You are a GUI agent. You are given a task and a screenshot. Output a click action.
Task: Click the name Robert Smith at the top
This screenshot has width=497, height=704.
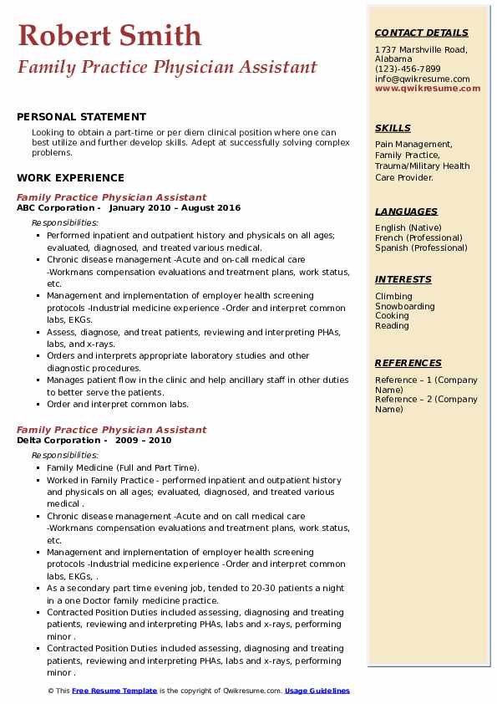(x=109, y=35)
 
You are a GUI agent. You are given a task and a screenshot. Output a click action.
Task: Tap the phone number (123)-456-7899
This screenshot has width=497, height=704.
(x=408, y=69)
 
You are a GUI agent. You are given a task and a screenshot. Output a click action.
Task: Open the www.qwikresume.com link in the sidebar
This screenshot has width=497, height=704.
(x=428, y=89)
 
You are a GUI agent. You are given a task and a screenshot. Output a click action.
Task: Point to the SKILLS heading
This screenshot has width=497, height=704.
(x=393, y=128)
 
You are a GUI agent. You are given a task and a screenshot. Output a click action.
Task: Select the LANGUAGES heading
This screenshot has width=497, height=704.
(x=406, y=212)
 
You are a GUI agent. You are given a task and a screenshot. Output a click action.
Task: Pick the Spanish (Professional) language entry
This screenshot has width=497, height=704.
(x=422, y=247)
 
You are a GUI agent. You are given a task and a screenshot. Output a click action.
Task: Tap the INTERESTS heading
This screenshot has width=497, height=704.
(x=403, y=279)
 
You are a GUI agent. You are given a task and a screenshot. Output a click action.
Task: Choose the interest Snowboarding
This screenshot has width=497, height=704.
(x=405, y=306)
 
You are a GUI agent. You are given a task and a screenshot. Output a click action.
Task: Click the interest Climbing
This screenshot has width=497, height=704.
(x=393, y=296)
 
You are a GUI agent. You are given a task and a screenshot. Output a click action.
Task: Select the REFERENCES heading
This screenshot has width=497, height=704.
(x=408, y=363)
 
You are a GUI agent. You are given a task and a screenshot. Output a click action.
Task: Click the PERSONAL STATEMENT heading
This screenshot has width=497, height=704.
(x=81, y=117)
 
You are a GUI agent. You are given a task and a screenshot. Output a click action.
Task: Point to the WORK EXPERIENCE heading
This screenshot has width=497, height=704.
(x=70, y=177)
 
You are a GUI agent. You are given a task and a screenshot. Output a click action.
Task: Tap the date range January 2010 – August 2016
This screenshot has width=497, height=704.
(x=175, y=208)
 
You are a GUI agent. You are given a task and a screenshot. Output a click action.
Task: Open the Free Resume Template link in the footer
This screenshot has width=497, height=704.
(x=114, y=691)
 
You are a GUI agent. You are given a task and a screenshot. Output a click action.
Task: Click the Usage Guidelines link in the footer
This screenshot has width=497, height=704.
(x=317, y=691)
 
